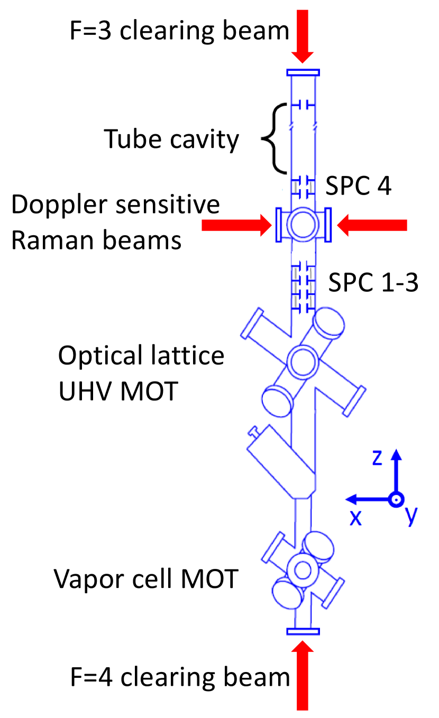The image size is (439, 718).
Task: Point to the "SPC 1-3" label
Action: click(x=373, y=283)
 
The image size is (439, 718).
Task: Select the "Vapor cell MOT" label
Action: click(x=145, y=580)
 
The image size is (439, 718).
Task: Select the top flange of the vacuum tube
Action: click(x=303, y=72)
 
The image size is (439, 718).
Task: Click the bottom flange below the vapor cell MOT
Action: click(x=303, y=631)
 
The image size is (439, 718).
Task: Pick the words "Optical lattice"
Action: click(x=141, y=356)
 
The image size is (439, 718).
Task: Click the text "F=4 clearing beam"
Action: click(x=180, y=677)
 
